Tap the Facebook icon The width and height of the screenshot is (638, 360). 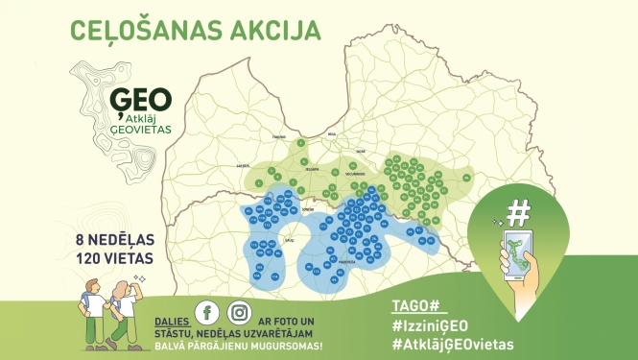[204, 313]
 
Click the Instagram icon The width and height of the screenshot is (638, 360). [239, 313]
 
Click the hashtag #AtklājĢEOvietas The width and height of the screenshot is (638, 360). [454, 344]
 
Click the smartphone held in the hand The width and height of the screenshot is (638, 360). [519, 252]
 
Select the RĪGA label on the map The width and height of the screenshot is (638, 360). [332, 135]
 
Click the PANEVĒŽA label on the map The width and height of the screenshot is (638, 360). [344, 260]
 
